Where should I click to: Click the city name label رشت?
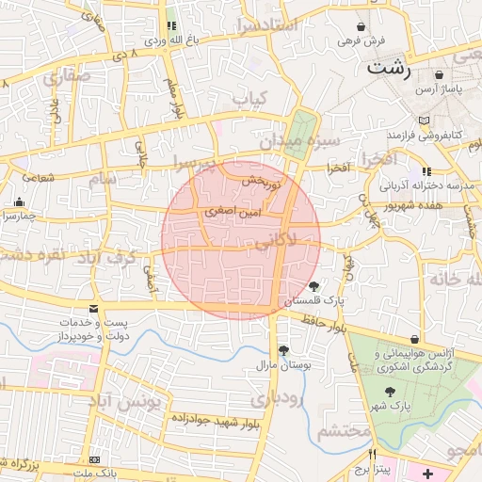tap(379, 68)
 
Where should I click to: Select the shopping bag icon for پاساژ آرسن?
tap(440, 74)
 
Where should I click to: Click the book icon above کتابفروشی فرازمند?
tap(427, 121)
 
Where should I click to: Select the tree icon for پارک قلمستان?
tap(313, 286)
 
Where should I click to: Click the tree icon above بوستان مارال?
tap(283, 350)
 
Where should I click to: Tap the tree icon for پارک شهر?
tap(388, 390)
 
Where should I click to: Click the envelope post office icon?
tap(92, 309)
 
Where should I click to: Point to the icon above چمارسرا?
tap(20, 201)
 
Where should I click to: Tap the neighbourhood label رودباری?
tap(299, 399)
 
